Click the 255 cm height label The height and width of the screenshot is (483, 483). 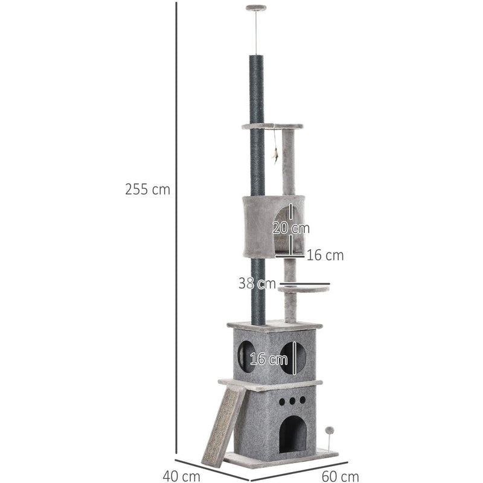coord(148,190)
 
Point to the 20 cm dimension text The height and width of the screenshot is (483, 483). coord(291,229)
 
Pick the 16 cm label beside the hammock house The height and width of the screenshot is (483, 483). coord(325,255)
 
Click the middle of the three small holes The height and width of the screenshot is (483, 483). coord(293,400)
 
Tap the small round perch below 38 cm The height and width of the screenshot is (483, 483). coord(304,290)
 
